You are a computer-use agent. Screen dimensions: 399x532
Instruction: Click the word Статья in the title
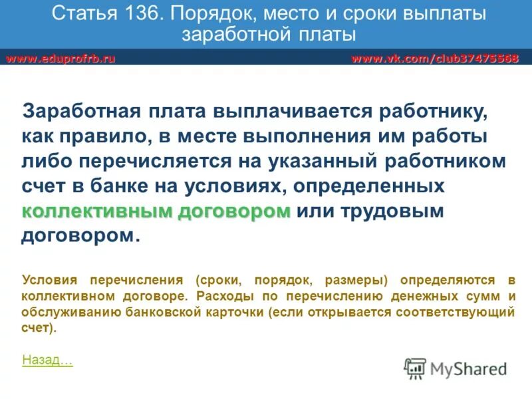[78, 13]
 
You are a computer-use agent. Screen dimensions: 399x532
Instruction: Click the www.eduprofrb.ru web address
[61, 59]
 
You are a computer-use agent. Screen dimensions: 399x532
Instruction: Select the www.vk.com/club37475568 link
[435, 59]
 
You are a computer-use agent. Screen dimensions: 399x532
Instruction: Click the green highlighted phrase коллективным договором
[156, 212]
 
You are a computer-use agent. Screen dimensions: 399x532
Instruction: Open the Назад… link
[47, 360]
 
